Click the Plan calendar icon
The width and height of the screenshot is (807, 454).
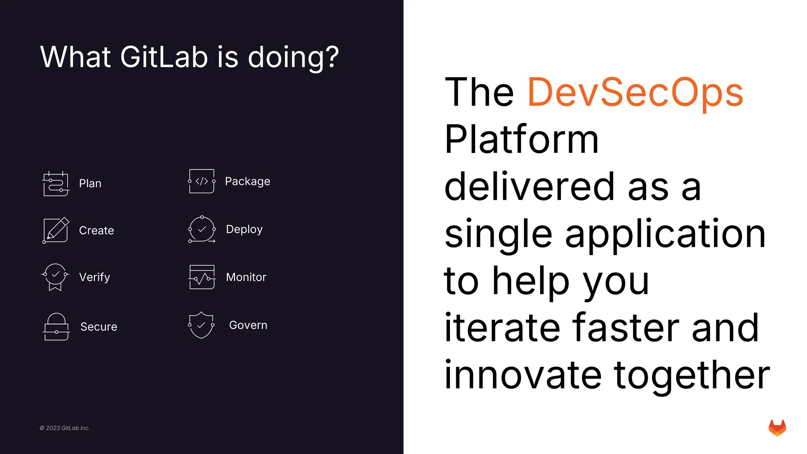click(x=56, y=184)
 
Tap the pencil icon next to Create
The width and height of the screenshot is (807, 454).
click(x=56, y=230)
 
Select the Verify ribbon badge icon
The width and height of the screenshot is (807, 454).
click(x=55, y=277)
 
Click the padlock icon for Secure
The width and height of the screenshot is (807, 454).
click(x=56, y=327)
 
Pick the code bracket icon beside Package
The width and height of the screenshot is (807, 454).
click(x=202, y=181)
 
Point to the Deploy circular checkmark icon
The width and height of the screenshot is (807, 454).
click(x=202, y=229)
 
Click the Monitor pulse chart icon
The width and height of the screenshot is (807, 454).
click(x=202, y=277)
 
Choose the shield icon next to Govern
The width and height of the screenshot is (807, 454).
click(x=201, y=325)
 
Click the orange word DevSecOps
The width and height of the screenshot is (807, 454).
click(x=635, y=93)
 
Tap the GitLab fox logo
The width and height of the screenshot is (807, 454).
click(x=777, y=428)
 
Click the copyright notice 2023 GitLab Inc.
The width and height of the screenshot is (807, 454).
click(x=65, y=428)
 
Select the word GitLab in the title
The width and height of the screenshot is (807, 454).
click(x=164, y=57)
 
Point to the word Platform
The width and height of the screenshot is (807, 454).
click(x=521, y=140)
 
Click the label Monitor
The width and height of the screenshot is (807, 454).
click(x=246, y=277)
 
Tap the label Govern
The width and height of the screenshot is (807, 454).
click(x=248, y=325)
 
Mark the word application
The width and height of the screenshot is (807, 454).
click(x=665, y=234)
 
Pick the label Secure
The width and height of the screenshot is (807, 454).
click(x=99, y=327)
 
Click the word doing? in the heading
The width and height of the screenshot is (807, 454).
click(x=293, y=58)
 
